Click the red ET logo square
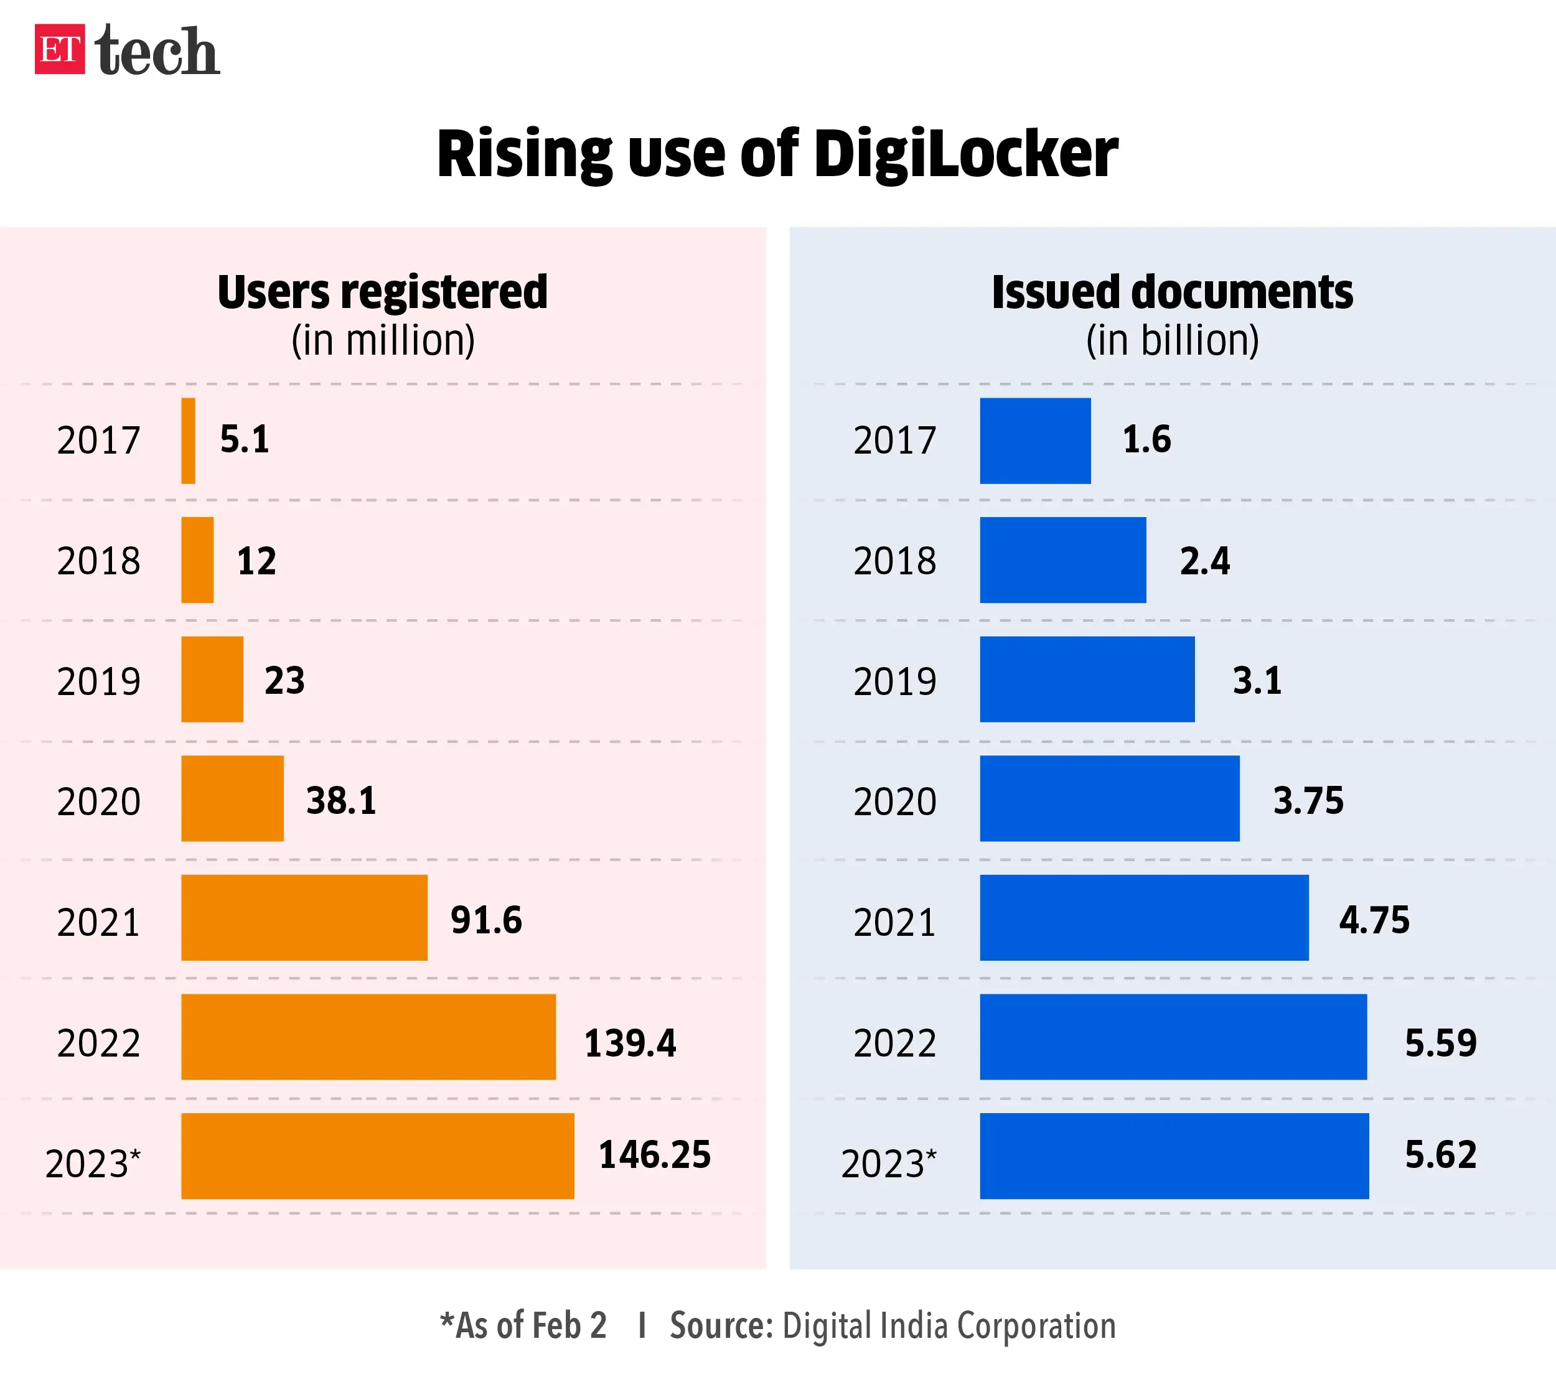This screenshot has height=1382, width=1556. coord(59,49)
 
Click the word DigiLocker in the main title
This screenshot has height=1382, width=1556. coord(965,154)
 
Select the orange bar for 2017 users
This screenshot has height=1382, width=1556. coord(188,441)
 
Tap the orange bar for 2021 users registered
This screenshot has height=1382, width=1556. coord(304,917)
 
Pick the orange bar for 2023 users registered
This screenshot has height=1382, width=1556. coord(378,1156)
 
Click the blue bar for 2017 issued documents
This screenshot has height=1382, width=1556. coord(1034,441)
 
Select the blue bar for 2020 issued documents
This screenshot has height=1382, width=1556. coord(1109,798)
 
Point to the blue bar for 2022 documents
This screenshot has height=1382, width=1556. coord(1173,1037)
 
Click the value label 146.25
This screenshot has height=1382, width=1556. coord(655,1154)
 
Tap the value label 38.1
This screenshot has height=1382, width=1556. coord(341,801)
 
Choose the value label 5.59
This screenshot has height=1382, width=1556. coord(1440,1043)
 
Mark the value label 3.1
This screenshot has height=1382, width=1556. coord(1257,680)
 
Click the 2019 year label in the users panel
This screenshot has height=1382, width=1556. coord(98,681)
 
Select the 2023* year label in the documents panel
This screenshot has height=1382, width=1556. coord(888,1163)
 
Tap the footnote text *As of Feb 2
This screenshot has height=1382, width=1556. coord(523,1325)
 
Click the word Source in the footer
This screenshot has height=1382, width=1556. coord(720,1325)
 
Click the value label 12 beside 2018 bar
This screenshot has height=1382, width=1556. coord(256,561)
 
